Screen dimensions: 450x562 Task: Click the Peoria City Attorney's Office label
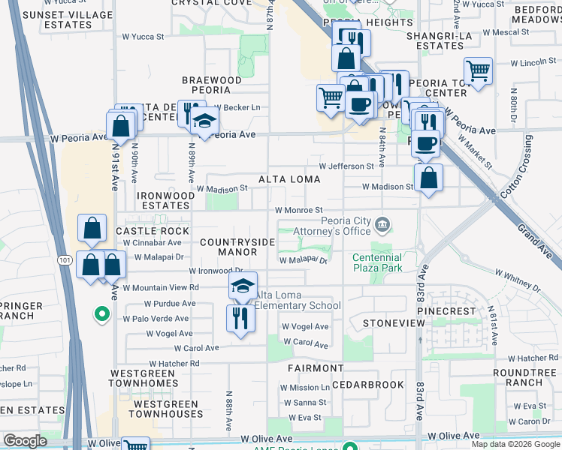pos(346,226)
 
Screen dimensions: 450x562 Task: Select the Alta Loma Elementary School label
pos(298,300)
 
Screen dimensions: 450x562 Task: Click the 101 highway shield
pos(65,259)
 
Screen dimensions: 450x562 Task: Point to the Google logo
pos(25,441)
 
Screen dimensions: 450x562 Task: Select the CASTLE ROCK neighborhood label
pos(153,231)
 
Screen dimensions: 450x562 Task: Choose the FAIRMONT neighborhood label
pos(316,368)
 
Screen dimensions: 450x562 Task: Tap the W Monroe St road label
pos(298,211)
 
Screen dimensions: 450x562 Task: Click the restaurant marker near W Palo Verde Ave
pos(240,317)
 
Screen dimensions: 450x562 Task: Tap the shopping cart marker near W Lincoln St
pos(478,70)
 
